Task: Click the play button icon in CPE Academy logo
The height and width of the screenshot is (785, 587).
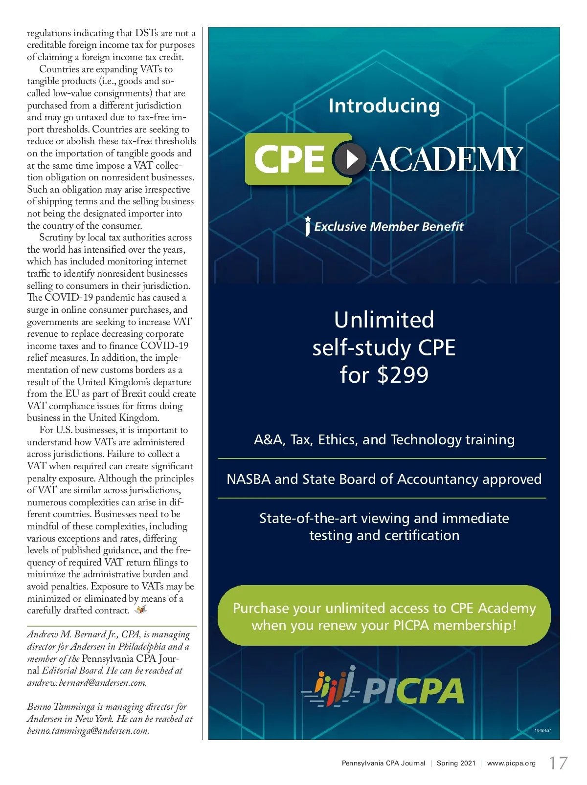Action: click(350, 159)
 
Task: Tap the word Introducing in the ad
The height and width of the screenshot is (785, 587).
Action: click(384, 106)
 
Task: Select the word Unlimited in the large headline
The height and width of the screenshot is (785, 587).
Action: click(384, 320)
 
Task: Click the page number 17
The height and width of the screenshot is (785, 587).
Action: click(558, 763)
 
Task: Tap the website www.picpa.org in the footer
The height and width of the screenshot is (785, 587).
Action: click(511, 763)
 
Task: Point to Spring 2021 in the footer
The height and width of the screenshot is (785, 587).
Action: click(456, 763)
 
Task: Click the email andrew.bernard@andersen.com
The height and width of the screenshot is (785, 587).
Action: click(87, 683)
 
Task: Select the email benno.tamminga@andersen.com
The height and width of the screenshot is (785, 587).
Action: click(88, 731)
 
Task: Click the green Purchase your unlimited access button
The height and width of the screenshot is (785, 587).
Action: click(384, 616)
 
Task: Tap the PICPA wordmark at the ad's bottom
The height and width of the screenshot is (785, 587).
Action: click(413, 691)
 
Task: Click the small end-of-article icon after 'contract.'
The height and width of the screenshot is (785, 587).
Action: click(141, 610)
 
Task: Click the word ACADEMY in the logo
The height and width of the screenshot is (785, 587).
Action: click(446, 159)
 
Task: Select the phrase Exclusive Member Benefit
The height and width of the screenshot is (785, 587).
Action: click(388, 227)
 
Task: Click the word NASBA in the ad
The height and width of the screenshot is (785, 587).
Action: click(248, 479)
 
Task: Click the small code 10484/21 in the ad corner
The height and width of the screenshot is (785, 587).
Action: click(543, 730)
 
